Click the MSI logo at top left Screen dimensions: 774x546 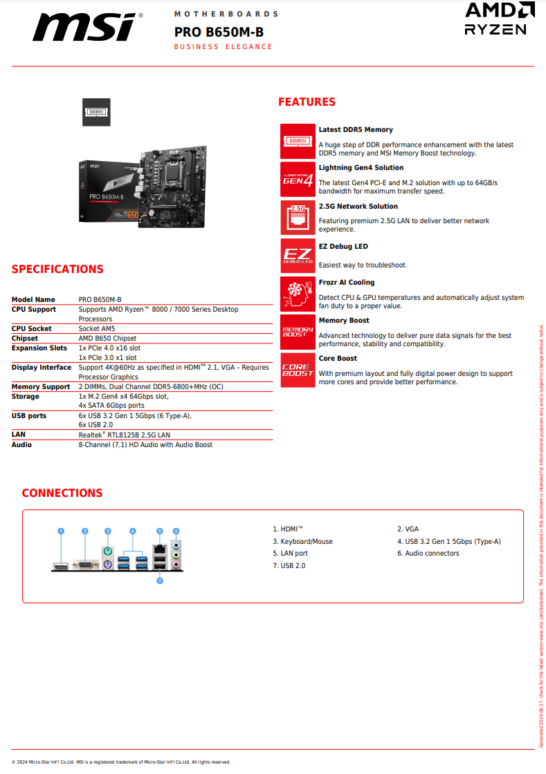click(87, 28)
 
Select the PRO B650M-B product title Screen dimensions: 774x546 click(219, 32)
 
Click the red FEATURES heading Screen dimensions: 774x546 click(307, 102)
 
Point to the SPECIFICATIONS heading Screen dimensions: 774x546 click(57, 270)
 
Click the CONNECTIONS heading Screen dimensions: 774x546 click(62, 493)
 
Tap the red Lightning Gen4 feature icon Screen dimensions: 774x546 click(298, 180)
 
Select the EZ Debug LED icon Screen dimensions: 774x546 click(298, 256)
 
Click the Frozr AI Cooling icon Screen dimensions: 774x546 click(298, 294)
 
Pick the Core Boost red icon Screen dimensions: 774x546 click(298, 370)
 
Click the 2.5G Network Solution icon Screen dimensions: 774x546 click(298, 218)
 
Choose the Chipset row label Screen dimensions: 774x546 click(25, 339)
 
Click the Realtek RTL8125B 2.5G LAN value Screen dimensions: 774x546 click(125, 435)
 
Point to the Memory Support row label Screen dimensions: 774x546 click(41, 387)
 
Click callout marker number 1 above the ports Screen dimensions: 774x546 click(61, 531)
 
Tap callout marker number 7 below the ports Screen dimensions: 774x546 click(160, 581)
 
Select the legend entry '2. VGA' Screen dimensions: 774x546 click(408, 529)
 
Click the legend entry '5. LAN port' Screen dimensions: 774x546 click(290, 554)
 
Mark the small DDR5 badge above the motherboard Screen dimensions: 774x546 click(97, 112)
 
